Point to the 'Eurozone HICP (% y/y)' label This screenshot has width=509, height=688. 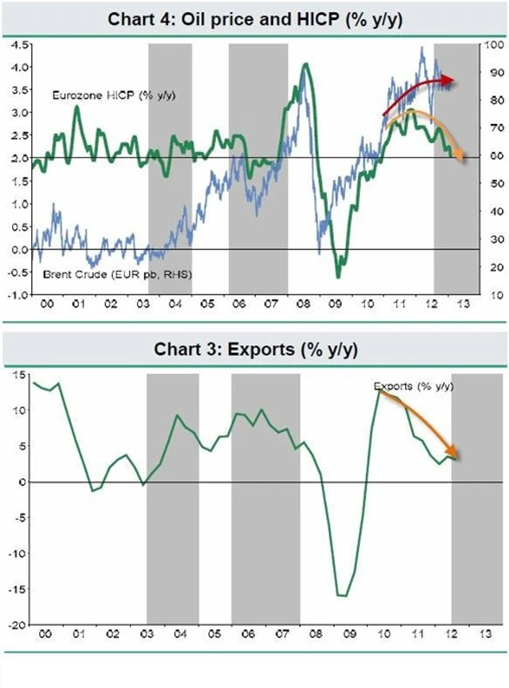point(114,95)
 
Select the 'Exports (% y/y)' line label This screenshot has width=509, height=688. point(414,386)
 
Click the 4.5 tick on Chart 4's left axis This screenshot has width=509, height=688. point(17,45)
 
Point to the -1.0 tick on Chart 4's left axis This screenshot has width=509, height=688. point(16,294)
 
